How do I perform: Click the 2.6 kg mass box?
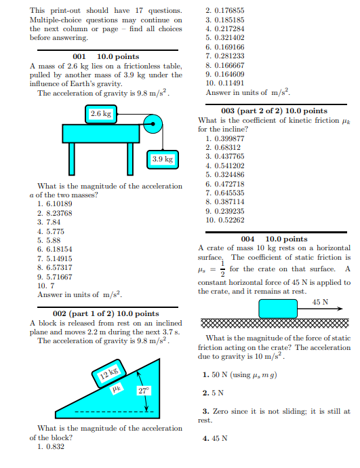(x=102, y=113)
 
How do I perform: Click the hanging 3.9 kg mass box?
(x=163, y=159)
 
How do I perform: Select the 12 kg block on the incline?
(x=109, y=372)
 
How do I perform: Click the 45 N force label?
(x=321, y=302)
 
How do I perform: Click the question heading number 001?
(x=79, y=56)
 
